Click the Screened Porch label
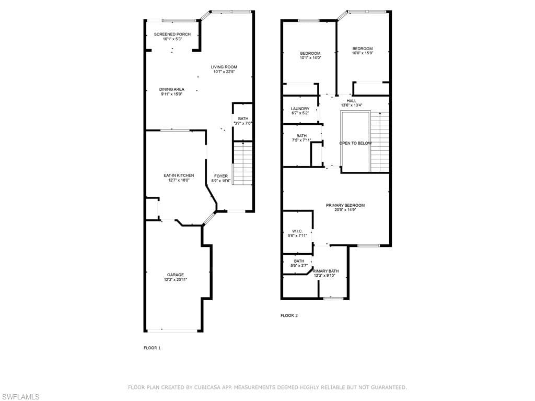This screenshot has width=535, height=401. pyautogui.click(x=172, y=34)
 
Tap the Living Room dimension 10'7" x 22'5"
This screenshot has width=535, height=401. pyautogui.click(x=224, y=72)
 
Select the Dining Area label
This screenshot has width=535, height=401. pyautogui.click(x=171, y=89)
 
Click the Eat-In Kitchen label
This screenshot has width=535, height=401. pyautogui.click(x=179, y=175)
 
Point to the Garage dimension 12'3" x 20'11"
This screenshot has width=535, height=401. pyautogui.click(x=176, y=280)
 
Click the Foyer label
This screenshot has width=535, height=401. pyautogui.click(x=221, y=176)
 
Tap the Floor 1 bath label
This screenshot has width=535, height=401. pyautogui.click(x=243, y=119)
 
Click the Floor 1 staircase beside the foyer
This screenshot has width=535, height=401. pyautogui.click(x=242, y=163)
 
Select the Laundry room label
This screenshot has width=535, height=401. pyautogui.click(x=300, y=109)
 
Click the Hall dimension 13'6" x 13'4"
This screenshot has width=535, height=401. pyautogui.click(x=352, y=105)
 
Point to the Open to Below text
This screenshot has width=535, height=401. pyautogui.click(x=355, y=143)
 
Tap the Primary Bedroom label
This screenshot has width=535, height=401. pyautogui.click(x=345, y=205)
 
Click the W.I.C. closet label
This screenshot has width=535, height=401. pyautogui.click(x=297, y=231)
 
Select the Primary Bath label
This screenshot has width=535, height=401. pyautogui.click(x=326, y=271)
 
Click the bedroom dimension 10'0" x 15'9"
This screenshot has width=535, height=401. pyautogui.click(x=363, y=53)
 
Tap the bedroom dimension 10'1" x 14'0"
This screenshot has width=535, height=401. pyautogui.click(x=310, y=57)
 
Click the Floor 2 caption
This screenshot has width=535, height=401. pyautogui.click(x=289, y=315)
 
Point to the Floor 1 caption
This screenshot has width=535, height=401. pyautogui.click(x=152, y=348)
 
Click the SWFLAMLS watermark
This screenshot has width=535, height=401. pyautogui.click(x=20, y=397)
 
